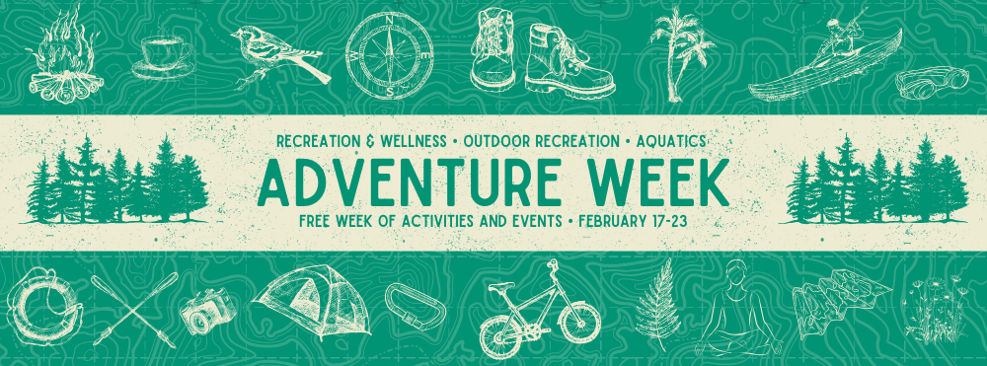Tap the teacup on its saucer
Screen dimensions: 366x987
pos(164,55)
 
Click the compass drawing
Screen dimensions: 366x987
pos(389,53)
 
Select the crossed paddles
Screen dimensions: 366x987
pos(133,307)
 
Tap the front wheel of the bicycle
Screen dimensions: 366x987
pos(575,322)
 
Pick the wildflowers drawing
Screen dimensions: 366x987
pos(933,311)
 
